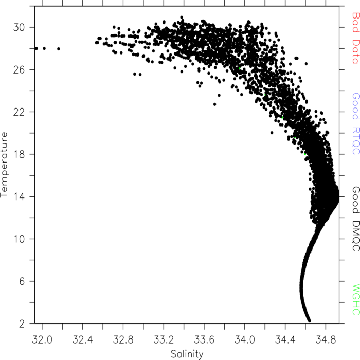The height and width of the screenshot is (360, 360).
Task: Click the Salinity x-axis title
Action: (187, 354)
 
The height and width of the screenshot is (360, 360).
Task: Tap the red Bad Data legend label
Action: (356, 38)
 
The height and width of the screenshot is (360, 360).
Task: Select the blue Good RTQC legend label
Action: (356, 124)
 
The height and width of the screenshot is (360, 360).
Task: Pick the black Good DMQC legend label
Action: (356, 219)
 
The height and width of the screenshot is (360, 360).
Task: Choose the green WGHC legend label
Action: (356, 300)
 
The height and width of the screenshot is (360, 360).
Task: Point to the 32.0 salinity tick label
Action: (42, 340)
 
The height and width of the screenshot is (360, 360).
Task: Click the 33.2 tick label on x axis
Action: (164, 340)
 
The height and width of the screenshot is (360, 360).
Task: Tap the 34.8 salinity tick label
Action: (326, 340)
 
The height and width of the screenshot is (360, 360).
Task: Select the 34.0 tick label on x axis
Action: (244, 340)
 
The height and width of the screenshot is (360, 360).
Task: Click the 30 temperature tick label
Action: (19, 28)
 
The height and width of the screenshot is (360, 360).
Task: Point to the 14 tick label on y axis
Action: (19, 197)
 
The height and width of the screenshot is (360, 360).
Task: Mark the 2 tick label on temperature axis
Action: (22, 323)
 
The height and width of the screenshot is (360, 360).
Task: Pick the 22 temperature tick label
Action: (19, 112)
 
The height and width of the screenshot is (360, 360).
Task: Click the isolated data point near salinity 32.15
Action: (59, 49)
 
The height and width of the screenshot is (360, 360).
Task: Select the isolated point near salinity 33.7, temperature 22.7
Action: (214, 104)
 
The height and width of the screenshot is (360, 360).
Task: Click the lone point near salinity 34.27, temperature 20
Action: (272, 133)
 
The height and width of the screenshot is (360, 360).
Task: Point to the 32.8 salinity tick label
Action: (123, 340)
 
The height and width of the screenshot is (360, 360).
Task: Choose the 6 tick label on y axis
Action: (22, 281)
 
